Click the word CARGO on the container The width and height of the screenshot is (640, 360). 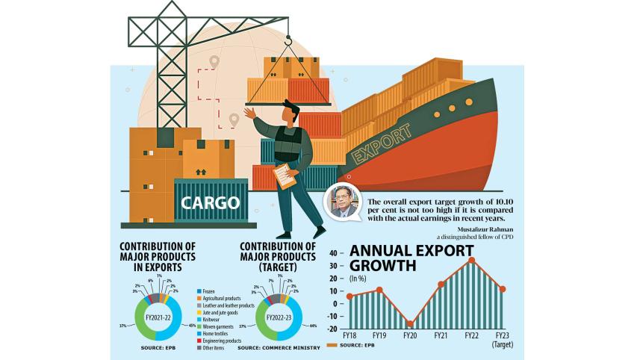click(x=210, y=202)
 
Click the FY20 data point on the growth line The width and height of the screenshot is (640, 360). click(x=410, y=323)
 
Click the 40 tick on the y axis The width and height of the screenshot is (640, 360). click(x=334, y=252)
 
